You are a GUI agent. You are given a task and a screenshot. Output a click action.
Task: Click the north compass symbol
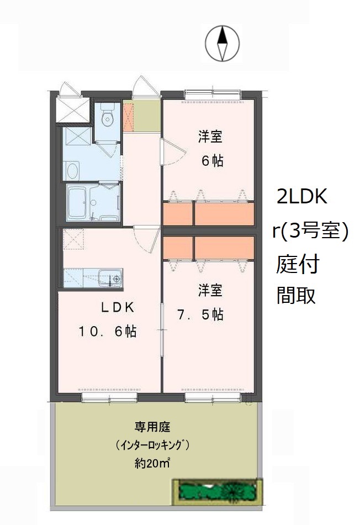coord(222,44)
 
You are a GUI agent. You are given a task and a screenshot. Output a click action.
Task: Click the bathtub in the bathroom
coord(78,203)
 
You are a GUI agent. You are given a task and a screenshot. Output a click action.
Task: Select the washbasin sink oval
coord(72,171)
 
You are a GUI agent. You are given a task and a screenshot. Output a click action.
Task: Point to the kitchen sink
coord(110,278)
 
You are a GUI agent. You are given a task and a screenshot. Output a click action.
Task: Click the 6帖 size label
coord(212,161)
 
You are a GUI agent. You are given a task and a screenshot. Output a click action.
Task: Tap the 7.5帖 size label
coord(200,315)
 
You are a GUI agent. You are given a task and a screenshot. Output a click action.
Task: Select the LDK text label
coord(118,307)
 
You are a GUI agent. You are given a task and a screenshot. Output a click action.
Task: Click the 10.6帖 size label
coord(108,332)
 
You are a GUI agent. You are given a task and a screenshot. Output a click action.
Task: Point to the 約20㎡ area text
coord(152,464)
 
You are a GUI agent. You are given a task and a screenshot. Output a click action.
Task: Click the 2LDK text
coord(302,197)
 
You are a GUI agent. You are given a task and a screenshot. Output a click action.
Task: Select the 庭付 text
coord(298,264)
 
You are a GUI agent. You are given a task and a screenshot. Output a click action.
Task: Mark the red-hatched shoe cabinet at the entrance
coord(128,117)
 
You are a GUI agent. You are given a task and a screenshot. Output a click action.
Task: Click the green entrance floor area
coord(147,116)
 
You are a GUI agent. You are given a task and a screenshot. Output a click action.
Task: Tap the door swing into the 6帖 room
coord(174,153)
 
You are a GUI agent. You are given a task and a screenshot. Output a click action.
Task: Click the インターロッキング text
coord(152,445)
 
